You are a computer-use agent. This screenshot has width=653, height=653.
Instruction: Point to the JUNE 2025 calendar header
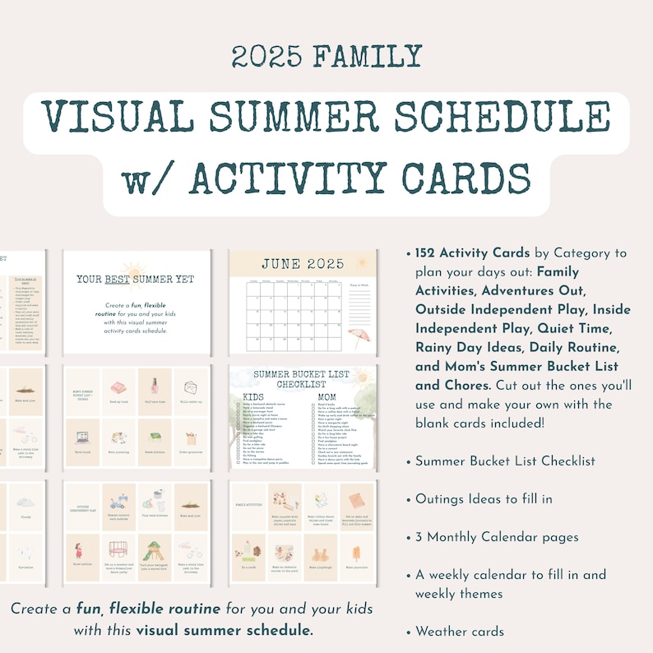[x=302, y=264]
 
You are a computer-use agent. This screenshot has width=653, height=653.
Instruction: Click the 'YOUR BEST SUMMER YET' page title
[x=136, y=280]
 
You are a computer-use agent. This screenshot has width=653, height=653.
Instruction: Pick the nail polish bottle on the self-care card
[x=154, y=385]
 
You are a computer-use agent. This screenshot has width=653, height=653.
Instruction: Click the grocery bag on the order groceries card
[x=190, y=438]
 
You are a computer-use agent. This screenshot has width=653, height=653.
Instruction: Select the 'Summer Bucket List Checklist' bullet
[x=505, y=461]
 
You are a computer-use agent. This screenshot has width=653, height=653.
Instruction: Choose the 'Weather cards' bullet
[x=459, y=632]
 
